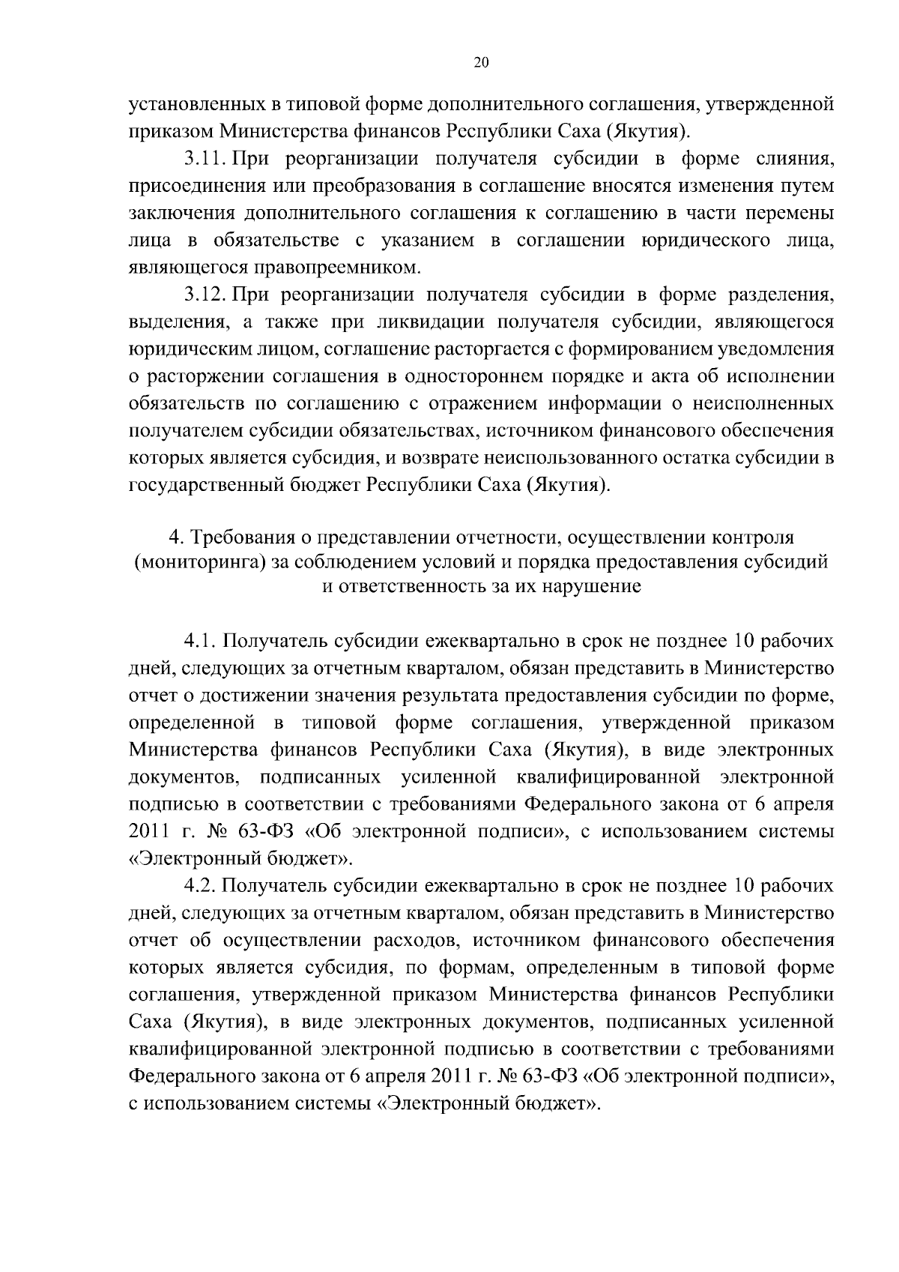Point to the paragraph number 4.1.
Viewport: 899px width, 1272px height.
click(201, 642)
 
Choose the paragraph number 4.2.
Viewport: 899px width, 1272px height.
click(201, 886)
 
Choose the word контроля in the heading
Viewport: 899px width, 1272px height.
click(751, 537)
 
